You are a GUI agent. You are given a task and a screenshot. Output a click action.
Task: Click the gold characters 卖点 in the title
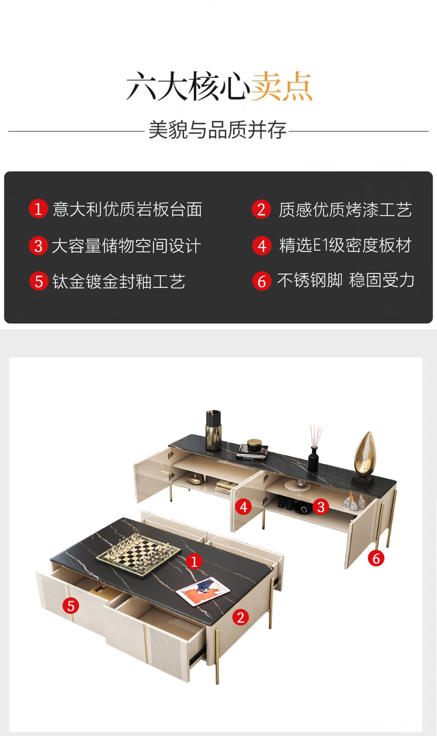pyautogui.click(x=282, y=86)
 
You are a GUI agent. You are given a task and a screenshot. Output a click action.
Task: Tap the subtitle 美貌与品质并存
pyautogui.click(x=217, y=130)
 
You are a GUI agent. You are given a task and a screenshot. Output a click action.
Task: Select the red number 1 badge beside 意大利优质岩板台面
pyautogui.click(x=38, y=209)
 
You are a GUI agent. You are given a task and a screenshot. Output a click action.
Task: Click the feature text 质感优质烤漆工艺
pyautogui.click(x=345, y=209)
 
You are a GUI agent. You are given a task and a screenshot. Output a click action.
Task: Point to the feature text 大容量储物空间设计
pyautogui.click(x=126, y=246)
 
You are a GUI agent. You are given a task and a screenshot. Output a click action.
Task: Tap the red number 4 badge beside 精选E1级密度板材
pyautogui.click(x=262, y=245)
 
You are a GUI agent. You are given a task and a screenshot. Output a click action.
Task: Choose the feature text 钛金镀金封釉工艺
pyautogui.click(x=119, y=282)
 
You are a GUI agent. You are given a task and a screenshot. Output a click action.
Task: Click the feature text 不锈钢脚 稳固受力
pyautogui.click(x=346, y=281)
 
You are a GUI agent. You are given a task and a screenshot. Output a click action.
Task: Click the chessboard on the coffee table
pyautogui.click(x=138, y=553)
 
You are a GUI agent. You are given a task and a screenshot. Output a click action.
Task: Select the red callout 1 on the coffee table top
pyautogui.click(x=194, y=561)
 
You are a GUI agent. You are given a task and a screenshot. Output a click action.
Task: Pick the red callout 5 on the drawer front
pyautogui.click(x=71, y=606)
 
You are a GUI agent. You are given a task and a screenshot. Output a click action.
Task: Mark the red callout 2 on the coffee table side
pyautogui.click(x=241, y=617)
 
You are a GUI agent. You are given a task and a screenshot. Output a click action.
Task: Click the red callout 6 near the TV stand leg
pyautogui.click(x=376, y=558)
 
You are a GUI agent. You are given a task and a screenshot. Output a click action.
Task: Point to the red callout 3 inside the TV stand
pyautogui.click(x=321, y=507)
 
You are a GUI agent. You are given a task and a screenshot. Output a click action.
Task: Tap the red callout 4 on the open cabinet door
pyautogui.click(x=243, y=507)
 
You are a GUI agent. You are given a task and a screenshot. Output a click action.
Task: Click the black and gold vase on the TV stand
pyautogui.click(x=214, y=430)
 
